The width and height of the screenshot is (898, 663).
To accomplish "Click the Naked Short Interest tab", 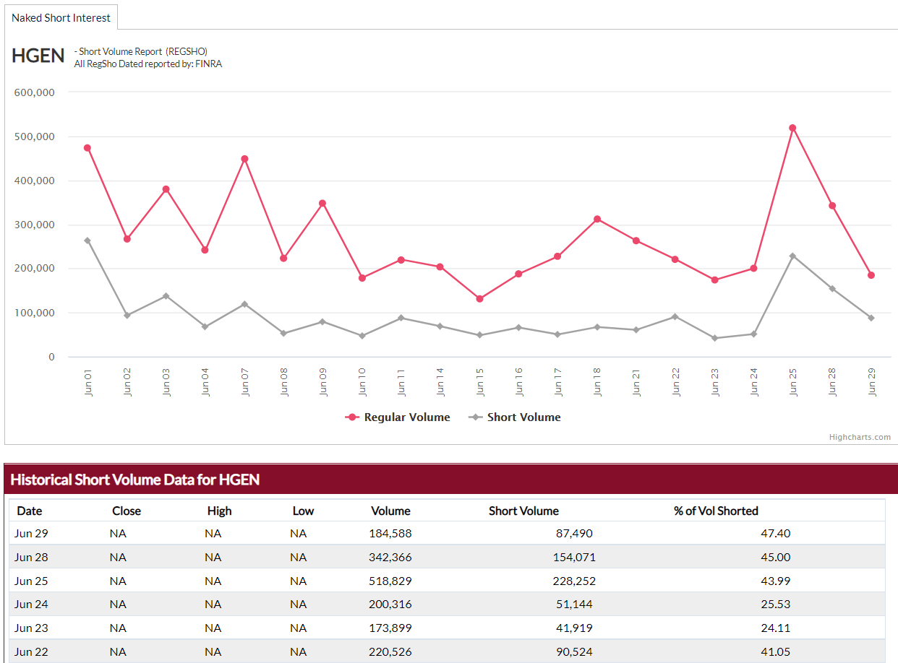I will click(x=61, y=17).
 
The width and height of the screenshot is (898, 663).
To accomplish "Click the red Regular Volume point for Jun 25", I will click(x=792, y=128).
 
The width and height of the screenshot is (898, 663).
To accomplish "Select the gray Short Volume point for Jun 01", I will click(x=87, y=240).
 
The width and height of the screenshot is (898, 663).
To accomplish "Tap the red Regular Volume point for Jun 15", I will click(x=479, y=298).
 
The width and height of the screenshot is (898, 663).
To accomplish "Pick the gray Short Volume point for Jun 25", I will click(x=792, y=256).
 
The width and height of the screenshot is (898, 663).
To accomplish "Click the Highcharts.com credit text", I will click(x=860, y=437).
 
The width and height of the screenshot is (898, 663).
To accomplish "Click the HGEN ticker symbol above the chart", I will click(x=38, y=56).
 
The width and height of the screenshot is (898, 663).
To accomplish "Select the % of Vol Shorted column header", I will click(x=716, y=511).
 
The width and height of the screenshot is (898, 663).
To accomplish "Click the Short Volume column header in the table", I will click(x=523, y=511).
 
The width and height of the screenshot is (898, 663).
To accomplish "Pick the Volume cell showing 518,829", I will click(x=390, y=581).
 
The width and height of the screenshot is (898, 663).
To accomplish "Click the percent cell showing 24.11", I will click(x=777, y=628).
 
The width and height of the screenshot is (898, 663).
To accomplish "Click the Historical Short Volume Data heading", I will click(x=134, y=480).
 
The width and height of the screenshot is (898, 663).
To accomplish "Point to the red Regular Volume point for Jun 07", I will click(x=244, y=159).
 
